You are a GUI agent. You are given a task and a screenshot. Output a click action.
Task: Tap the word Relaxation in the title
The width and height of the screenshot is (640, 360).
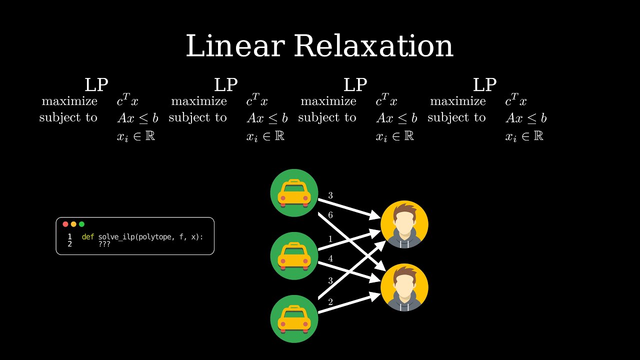point(373,46)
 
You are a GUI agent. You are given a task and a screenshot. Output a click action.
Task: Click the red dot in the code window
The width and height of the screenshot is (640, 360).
point(65,224)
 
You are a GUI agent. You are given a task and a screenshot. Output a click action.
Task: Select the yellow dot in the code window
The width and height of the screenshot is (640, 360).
point(73,224)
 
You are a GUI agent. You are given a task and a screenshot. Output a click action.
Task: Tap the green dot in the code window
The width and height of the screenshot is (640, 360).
point(81,224)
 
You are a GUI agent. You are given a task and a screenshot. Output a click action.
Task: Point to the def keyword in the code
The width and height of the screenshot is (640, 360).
point(88,236)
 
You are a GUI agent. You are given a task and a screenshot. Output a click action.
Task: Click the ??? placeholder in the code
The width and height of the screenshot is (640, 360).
point(104,244)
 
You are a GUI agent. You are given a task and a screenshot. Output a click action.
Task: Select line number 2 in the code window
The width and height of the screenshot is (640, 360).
point(69,244)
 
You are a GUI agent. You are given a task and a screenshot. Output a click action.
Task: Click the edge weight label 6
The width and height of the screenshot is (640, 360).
point(330,215)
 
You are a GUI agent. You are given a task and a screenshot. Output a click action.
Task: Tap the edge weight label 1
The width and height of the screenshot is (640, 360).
point(330,238)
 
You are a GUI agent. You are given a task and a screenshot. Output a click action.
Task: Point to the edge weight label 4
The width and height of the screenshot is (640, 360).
point(330,259)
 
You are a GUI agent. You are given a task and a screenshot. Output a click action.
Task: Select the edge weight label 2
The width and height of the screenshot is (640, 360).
point(330,302)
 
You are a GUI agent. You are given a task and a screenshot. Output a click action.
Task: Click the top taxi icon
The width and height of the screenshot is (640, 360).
point(294,193)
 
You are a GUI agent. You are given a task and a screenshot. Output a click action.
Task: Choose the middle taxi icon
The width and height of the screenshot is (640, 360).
point(294,256)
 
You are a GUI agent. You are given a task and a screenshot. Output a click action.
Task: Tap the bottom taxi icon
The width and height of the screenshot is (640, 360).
point(294,319)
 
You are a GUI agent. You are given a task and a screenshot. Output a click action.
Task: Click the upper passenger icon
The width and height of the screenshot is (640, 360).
point(404,224)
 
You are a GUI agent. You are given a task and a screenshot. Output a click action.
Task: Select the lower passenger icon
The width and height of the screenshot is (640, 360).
point(404,287)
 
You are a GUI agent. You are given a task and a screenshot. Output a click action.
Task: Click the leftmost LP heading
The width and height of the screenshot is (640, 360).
point(96,85)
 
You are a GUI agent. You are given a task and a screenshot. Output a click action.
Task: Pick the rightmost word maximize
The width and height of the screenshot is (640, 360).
point(458,101)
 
